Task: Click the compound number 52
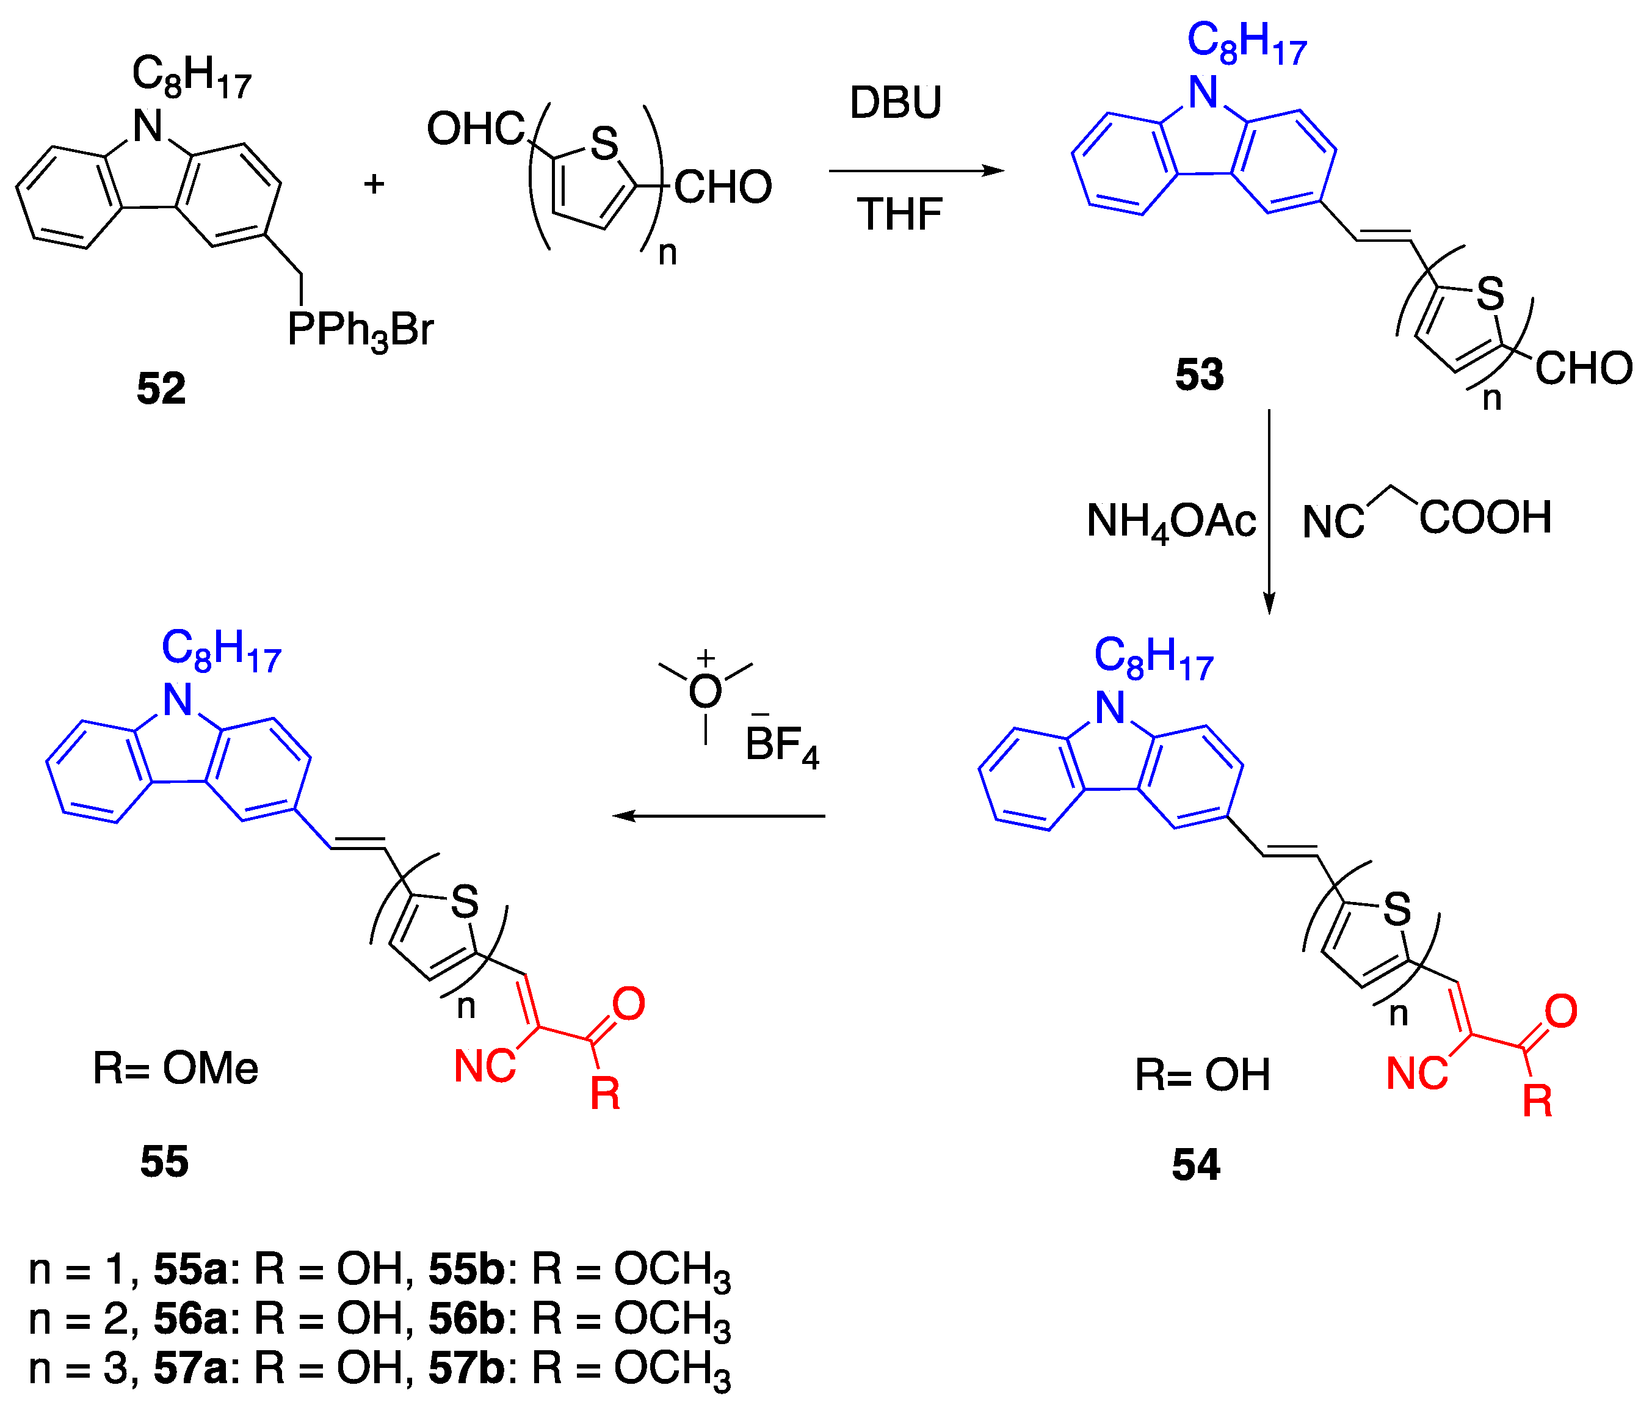[x=161, y=388]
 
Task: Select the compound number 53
[x=1199, y=374]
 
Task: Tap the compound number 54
[x=1196, y=1165]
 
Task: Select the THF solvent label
[x=900, y=214]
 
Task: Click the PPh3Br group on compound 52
[x=360, y=329]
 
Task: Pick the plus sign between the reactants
[x=374, y=184]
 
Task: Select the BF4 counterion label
[x=782, y=746]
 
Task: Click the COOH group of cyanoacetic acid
[x=1485, y=517]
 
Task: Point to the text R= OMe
[x=175, y=1068]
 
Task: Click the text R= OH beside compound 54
[x=1202, y=1074]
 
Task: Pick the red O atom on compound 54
[x=1561, y=1011]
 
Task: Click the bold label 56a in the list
[x=190, y=1318]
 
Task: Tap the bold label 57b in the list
[x=466, y=1368]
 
